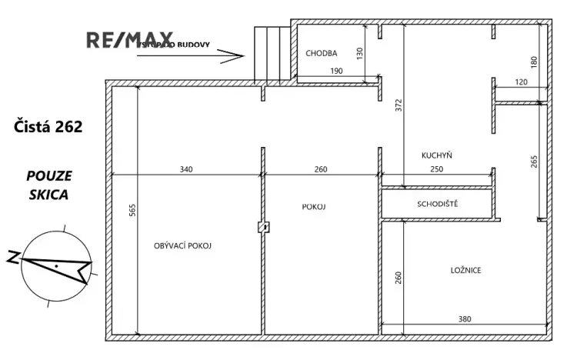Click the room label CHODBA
click(320, 53)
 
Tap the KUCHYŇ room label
click(436, 155)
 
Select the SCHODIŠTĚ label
click(438, 205)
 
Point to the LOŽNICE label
click(465, 271)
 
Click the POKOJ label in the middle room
click(315, 206)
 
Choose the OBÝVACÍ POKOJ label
click(183, 245)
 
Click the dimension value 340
click(186, 169)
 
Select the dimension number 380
click(465, 319)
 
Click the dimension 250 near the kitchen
click(435, 169)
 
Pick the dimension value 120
click(522, 82)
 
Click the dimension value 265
click(535, 162)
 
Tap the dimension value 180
click(535, 60)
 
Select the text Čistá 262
click(48, 126)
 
